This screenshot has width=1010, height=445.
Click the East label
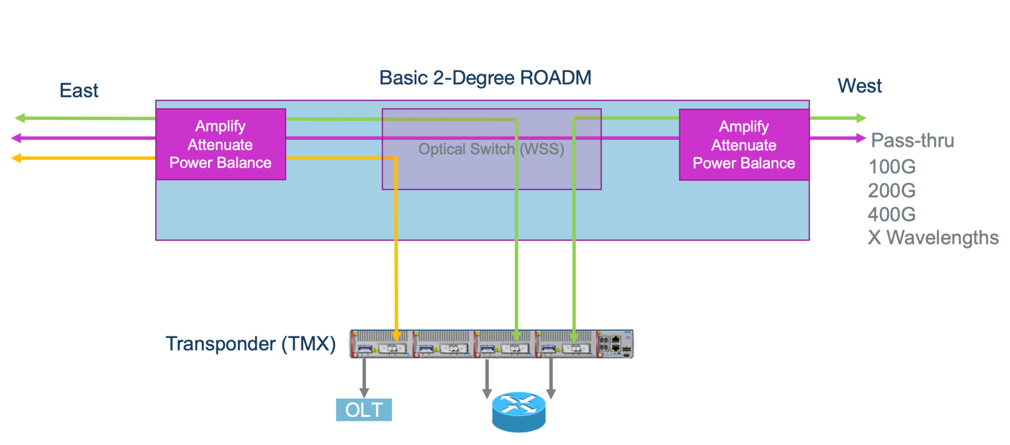click(79, 91)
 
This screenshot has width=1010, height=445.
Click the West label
click(859, 86)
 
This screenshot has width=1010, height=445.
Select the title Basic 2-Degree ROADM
click(485, 78)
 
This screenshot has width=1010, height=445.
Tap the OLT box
click(364, 410)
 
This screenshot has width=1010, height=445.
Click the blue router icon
click(519, 412)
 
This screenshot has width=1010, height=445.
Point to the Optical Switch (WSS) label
click(491, 149)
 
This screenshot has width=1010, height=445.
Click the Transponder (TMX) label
click(251, 343)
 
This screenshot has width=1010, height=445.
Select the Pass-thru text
click(912, 140)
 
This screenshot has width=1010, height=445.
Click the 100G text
click(892, 167)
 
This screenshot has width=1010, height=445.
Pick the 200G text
click(892, 190)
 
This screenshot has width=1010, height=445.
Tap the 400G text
click(892, 214)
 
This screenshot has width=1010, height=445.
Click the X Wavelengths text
click(933, 238)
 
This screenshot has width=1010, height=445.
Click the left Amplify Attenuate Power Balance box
click(220, 144)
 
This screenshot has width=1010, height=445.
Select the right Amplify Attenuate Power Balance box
click(744, 145)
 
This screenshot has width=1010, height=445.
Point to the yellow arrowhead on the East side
click(16, 158)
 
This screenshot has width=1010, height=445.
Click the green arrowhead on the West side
click(861, 118)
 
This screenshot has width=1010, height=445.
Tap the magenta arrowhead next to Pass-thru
click(861, 138)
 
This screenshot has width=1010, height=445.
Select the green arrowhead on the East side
click(20, 118)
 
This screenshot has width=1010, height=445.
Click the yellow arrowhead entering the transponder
click(396, 336)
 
